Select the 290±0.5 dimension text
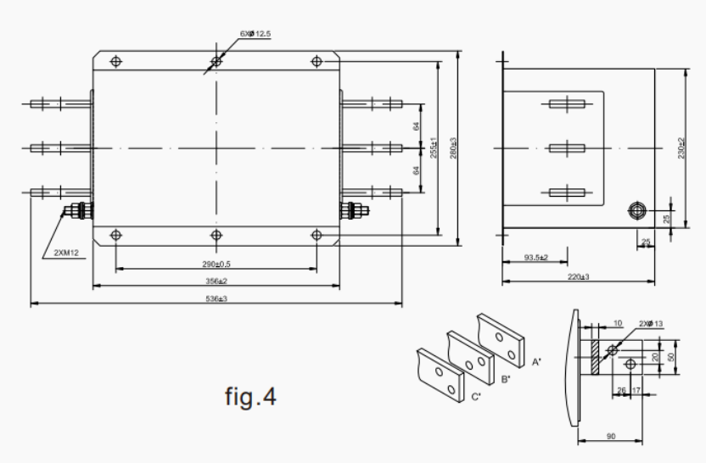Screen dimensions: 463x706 [x=216, y=264]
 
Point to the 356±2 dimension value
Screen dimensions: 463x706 [x=216, y=281]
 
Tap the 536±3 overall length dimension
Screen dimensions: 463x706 [x=217, y=298]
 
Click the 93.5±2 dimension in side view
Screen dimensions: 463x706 [x=535, y=257]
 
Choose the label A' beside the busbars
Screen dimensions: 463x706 [x=536, y=361]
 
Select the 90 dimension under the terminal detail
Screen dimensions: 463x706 [x=609, y=437]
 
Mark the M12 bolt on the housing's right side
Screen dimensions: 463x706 [x=350, y=209]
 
